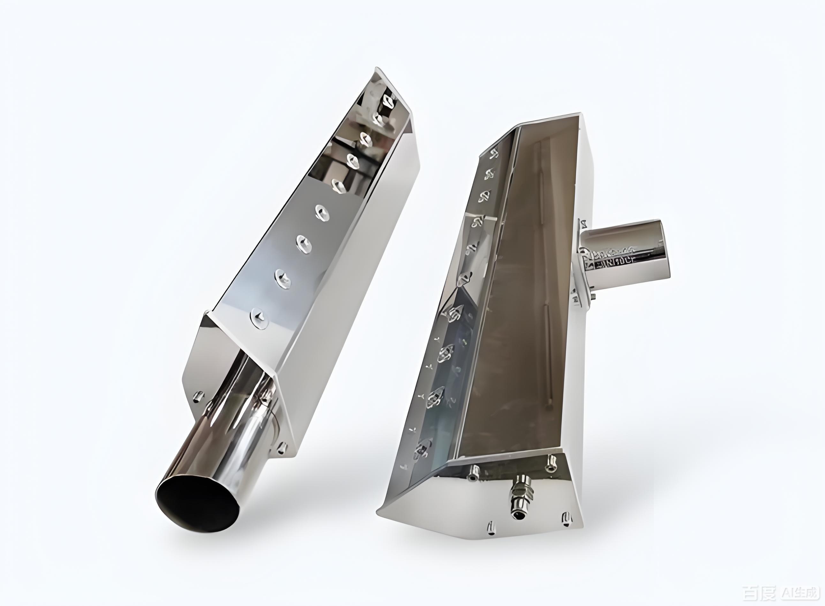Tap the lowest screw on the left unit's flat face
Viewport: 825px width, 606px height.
point(260,318)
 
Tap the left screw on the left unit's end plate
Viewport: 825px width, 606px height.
point(199,396)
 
